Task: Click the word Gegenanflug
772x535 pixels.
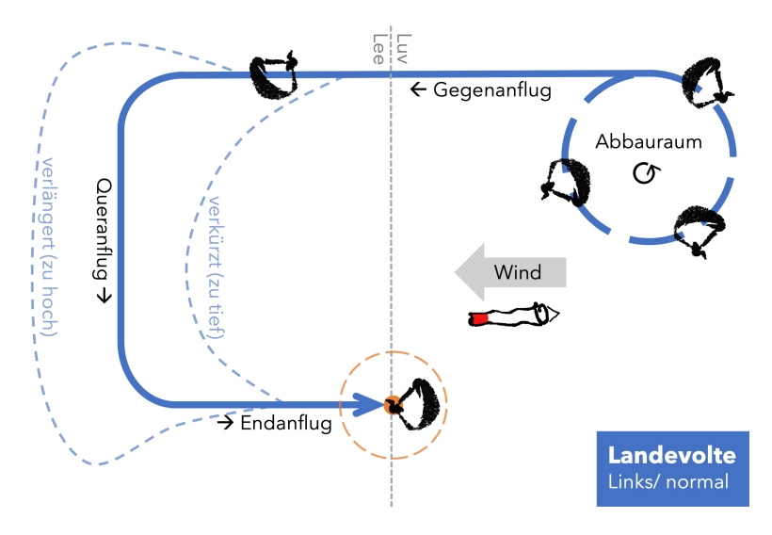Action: click(x=491, y=90)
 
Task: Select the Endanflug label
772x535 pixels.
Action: click(x=285, y=424)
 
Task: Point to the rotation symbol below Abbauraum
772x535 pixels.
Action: click(x=645, y=173)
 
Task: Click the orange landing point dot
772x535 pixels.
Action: click(x=389, y=406)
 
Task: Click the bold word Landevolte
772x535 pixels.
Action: click(x=671, y=456)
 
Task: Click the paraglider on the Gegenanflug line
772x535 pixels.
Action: click(x=273, y=75)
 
